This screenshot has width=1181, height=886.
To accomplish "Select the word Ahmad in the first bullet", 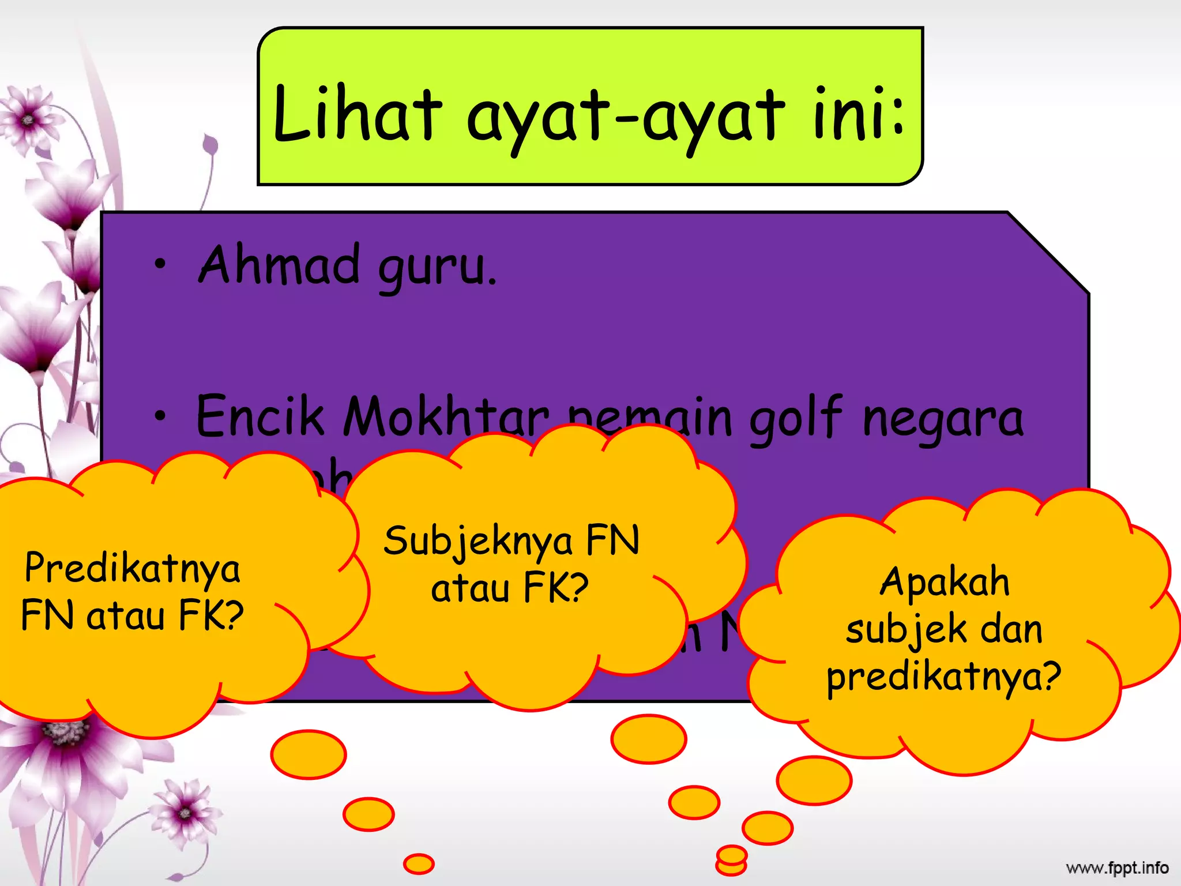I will [280, 265].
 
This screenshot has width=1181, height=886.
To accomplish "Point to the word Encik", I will [261, 416].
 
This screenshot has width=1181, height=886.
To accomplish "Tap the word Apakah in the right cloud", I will [945, 581].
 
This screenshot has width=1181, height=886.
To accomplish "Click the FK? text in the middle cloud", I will [556, 588].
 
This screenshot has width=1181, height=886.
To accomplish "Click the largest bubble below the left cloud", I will [309, 754].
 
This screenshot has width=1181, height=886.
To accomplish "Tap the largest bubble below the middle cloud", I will [649, 739].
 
